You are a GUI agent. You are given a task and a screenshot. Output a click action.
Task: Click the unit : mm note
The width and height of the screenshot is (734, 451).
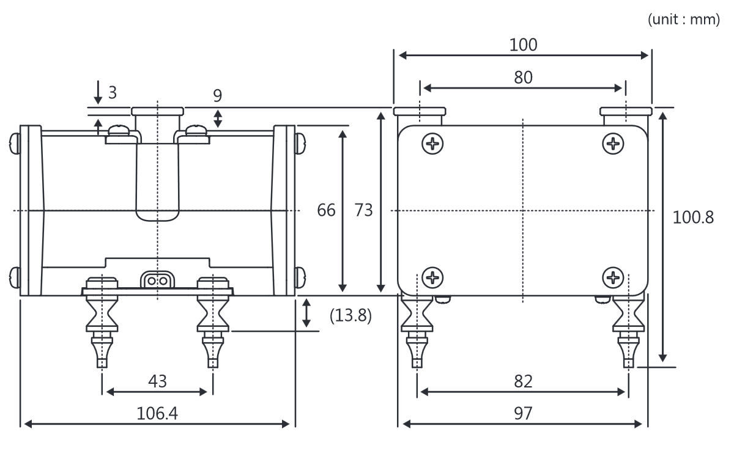pos(683,20)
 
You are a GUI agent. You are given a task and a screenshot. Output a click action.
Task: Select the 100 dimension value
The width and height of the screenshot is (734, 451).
pos(523,45)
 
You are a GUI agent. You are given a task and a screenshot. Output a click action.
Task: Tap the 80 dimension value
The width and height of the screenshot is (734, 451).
pos(523,78)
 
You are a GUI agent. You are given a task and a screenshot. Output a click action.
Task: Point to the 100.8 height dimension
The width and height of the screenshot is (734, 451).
pos(693,217)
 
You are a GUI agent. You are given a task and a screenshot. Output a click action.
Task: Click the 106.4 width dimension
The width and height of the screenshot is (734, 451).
pos(157,414)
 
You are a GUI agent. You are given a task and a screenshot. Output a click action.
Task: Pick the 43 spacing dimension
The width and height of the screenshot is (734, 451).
pos(157,381)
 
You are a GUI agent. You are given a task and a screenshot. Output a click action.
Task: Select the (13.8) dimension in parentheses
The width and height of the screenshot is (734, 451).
pos(350,316)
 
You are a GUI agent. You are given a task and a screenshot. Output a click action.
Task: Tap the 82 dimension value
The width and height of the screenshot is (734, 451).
pos(523,381)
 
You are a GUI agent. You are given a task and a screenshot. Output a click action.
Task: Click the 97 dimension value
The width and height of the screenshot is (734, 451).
pos(523,414)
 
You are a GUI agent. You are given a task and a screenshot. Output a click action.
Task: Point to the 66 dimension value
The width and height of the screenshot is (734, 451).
pos(326,210)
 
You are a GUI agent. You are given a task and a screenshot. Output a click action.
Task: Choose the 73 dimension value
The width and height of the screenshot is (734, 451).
pos(363,210)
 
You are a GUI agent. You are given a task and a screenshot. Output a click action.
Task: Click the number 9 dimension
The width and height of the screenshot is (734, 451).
pos(218,95)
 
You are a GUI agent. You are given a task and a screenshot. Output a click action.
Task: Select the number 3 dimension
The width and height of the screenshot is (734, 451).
pos(112,92)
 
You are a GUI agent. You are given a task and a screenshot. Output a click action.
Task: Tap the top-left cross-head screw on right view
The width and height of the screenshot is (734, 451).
pos(433,144)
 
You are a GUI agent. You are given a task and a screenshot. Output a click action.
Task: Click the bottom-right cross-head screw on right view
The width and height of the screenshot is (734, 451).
pos(613,277)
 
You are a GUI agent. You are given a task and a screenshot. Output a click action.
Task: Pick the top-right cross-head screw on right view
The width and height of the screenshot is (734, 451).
pos(613,144)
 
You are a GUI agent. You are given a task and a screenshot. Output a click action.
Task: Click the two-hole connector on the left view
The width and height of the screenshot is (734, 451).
pos(157,280)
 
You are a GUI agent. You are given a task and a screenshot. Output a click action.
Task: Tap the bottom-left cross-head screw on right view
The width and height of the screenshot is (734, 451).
pos(433,277)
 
